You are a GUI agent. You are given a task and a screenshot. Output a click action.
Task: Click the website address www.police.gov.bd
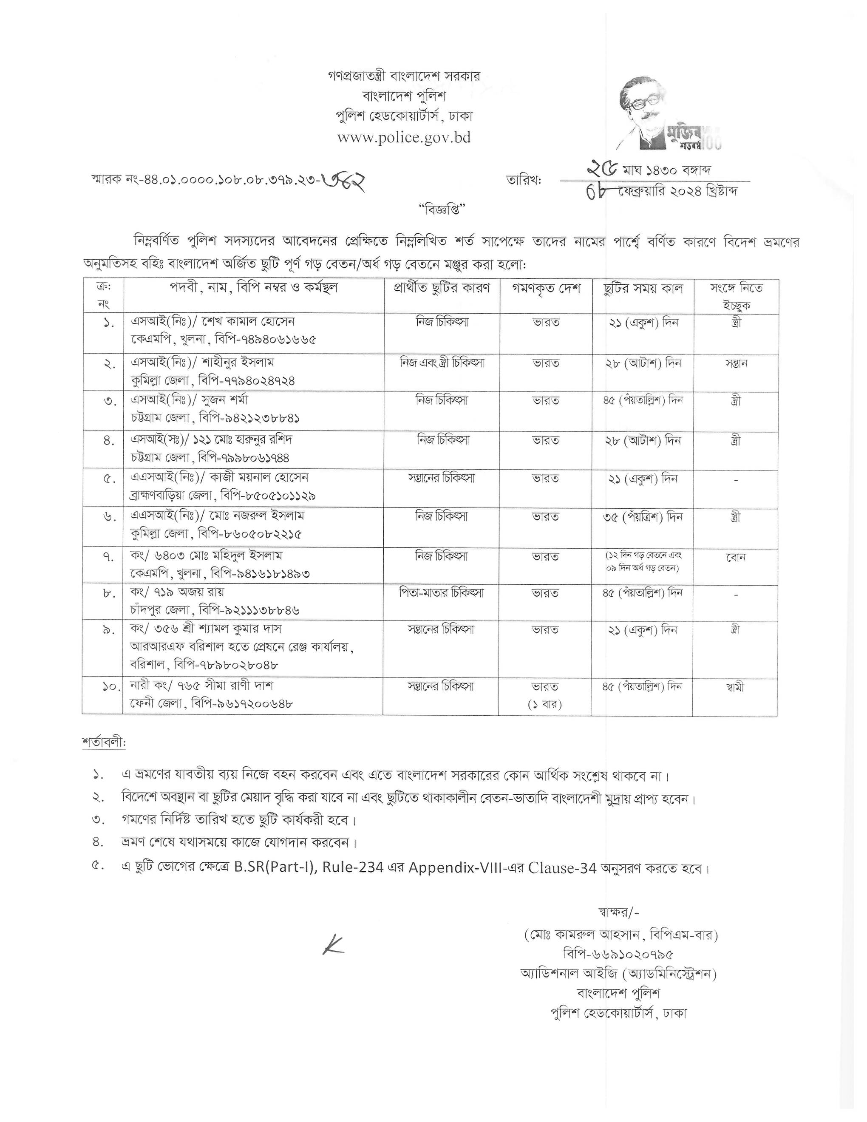click(x=404, y=138)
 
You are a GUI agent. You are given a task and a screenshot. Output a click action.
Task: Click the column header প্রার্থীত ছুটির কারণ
click(x=442, y=289)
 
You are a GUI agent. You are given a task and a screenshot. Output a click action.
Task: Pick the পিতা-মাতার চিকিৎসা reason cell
click(x=442, y=593)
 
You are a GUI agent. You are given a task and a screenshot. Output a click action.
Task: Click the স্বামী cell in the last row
click(x=736, y=687)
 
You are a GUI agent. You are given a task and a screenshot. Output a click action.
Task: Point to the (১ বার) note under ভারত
click(x=545, y=704)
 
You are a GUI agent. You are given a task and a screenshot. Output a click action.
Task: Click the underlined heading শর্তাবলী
click(x=103, y=743)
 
